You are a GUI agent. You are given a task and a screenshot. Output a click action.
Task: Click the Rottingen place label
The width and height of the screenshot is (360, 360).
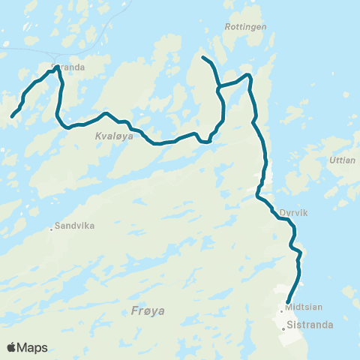pos(240,26)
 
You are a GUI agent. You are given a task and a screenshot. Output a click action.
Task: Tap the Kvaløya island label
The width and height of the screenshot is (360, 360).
pos(114,136)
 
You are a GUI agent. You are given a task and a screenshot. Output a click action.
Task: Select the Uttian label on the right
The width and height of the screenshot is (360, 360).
pos(342,160)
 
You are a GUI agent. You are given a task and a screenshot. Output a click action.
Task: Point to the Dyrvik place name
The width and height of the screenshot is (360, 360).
pos(294,212)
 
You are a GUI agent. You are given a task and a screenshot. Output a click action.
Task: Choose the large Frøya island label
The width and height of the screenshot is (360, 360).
pos(147,310)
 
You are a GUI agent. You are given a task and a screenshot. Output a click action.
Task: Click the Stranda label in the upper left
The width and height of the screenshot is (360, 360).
pos(70,66)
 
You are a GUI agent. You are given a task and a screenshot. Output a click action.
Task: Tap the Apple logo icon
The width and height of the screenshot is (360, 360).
pos(12,347)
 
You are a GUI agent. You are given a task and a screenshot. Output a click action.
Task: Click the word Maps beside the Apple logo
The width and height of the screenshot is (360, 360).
pos(33,347)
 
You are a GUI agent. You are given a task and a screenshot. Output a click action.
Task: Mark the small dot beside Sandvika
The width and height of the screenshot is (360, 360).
pos(52,229)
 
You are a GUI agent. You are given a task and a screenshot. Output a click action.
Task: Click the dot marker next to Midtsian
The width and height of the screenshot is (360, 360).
pos(282,310)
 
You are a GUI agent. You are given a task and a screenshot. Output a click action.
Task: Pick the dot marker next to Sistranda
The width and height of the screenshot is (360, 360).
pos(283,328)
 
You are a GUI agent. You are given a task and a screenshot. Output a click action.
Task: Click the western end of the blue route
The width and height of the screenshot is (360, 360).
pos(13,115)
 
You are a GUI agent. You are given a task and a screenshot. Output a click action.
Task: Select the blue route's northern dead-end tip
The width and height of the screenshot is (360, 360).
pos(203,57)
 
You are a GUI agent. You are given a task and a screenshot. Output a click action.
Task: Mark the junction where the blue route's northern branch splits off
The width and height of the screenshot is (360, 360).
pos(218,89)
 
